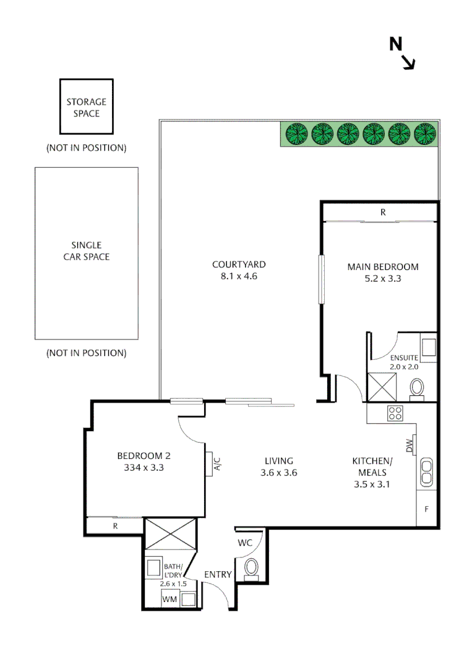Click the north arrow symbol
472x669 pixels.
(402, 53)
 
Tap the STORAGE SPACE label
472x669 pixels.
(87, 108)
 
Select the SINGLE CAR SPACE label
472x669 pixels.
(87, 251)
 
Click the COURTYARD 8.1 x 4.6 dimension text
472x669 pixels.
(239, 276)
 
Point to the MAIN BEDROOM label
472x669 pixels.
(383, 267)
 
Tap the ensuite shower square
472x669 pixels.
(382, 387)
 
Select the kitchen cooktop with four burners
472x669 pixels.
(395, 413)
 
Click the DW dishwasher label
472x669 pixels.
(410, 445)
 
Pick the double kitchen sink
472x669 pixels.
(426, 472)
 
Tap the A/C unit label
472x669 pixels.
(217, 464)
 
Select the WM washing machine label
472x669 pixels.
(169, 600)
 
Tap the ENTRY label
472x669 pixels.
(218, 575)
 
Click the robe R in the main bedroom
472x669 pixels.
(383, 212)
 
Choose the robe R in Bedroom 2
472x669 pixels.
(115, 526)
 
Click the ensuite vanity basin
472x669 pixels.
(429, 348)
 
